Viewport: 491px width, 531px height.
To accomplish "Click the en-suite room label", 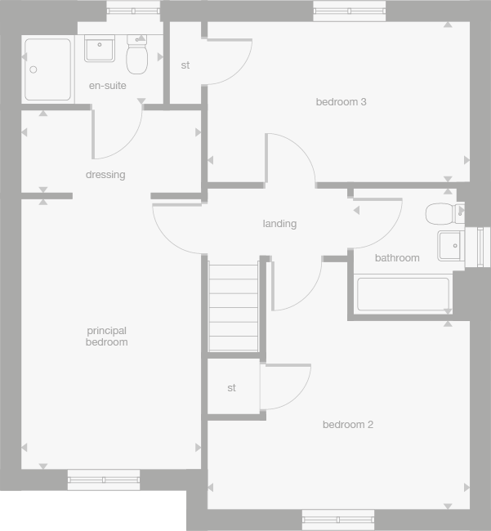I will click(x=108, y=86).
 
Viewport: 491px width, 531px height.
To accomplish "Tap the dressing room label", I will click(x=105, y=175).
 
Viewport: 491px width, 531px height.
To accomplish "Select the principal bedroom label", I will click(x=106, y=337).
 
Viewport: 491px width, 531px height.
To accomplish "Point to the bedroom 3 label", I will click(x=341, y=102).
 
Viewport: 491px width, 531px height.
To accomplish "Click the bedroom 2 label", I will click(x=347, y=425).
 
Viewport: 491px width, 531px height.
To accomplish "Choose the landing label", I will click(x=279, y=224).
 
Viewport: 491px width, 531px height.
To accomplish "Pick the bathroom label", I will click(x=397, y=258).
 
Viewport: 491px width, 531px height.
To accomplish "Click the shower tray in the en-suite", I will click(x=47, y=69).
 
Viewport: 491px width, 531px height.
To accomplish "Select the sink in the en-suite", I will click(x=100, y=48).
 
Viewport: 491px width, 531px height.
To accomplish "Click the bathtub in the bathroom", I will click(x=404, y=294).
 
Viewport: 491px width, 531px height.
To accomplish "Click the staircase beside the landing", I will click(x=234, y=306).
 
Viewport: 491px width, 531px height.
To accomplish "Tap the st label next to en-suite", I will click(x=185, y=65).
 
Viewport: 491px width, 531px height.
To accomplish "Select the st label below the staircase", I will click(x=232, y=388).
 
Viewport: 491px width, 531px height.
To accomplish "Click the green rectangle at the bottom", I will click(x=92, y=511).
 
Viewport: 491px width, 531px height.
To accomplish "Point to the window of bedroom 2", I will click(x=338, y=517).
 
